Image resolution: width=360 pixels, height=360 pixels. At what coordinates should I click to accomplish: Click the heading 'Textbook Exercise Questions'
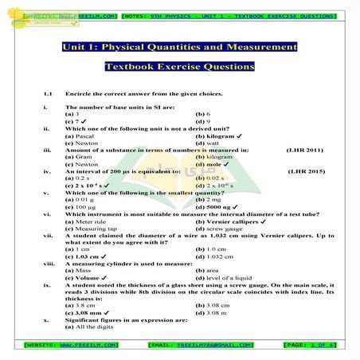click(179, 67)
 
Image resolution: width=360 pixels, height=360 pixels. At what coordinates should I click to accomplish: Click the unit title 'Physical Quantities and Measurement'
click(179, 48)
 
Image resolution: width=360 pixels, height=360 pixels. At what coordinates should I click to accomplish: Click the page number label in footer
click(309, 344)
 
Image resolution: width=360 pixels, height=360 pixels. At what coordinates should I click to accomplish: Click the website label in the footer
click(72, 344)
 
